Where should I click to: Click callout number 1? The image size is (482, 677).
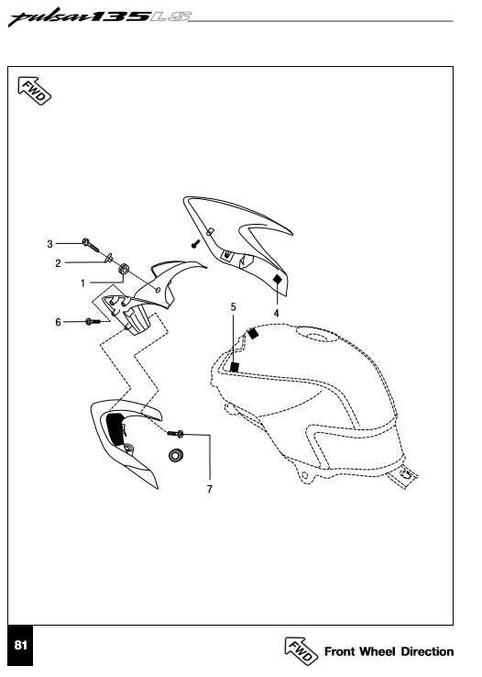click(x=82, y=283)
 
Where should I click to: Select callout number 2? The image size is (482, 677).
click(x=59, y=263)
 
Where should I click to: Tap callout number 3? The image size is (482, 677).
click(x=50, y=244)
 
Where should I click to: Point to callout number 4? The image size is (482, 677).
click(x=277, y=313)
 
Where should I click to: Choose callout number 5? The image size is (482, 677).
click(x=234, y=307)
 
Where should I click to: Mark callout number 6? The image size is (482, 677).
click(x=59, y=322)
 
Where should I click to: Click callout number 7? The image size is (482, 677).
click(x=210, y=489)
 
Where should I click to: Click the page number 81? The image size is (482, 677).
click(x=20, y=645)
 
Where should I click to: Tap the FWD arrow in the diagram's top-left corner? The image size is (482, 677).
click(x=34, y=90)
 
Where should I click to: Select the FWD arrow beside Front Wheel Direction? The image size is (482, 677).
click(x=301, y=650)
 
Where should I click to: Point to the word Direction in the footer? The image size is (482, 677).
click(x=427, y=651)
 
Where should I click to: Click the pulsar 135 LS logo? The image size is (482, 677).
click(x=100, y=18)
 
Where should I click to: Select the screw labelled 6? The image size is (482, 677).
click(x=93, y=321)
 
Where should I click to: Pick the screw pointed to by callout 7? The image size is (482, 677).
click(x=175, y=433)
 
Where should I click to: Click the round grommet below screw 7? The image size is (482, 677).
click(x=175, y=455)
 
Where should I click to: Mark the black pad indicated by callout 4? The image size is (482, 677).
click(x=278, y=280)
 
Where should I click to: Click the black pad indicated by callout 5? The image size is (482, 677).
click(x=235, y=367)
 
